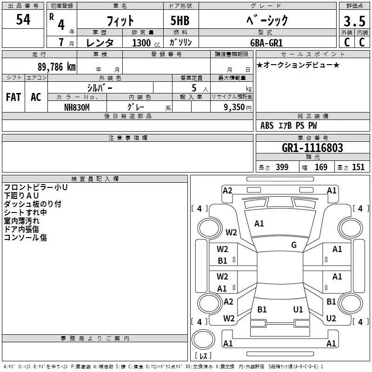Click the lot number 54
23,20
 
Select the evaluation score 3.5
354,21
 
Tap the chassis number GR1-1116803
312,148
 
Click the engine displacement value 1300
141,43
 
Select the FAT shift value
13,97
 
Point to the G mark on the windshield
294,245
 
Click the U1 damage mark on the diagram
298,309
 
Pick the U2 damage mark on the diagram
331,319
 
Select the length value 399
282,167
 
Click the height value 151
358,167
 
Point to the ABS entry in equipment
267,126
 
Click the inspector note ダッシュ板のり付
32,204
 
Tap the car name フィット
120,21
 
